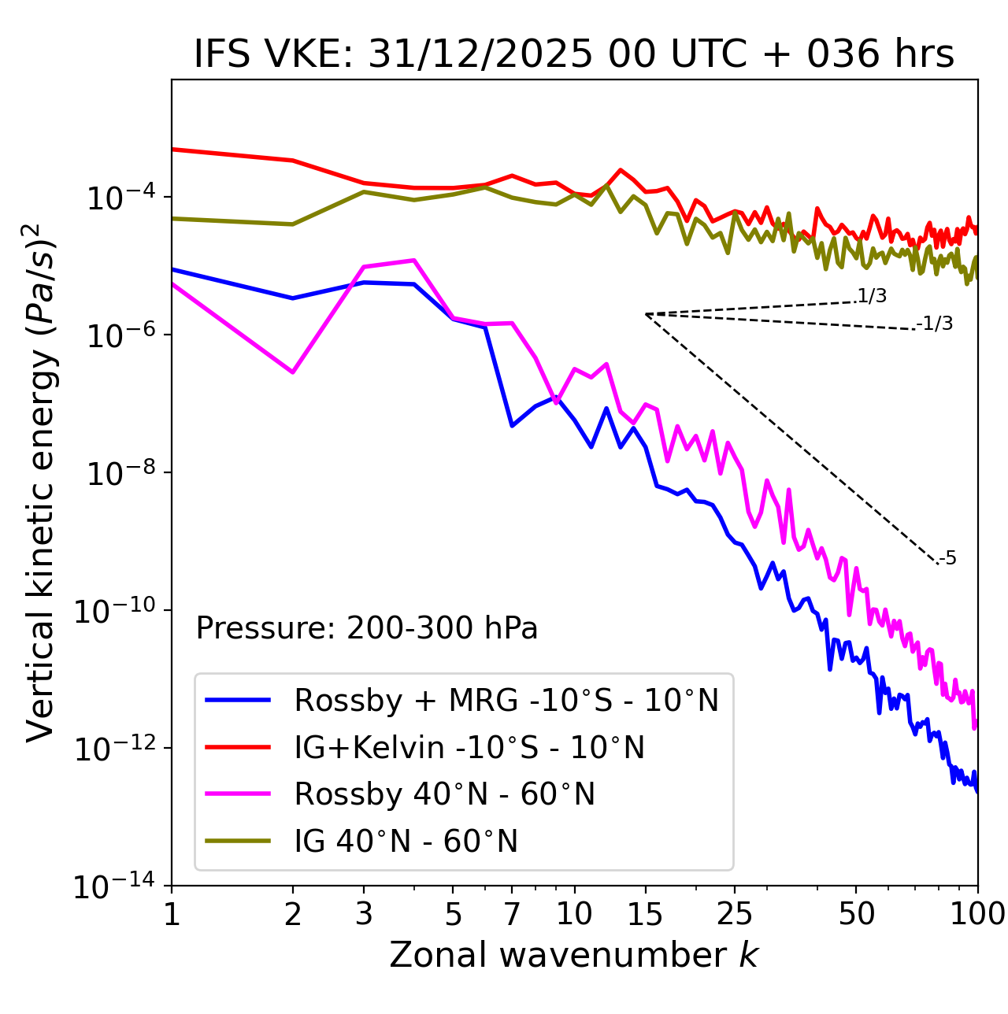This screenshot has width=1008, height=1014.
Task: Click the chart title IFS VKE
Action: [x=574, y=55]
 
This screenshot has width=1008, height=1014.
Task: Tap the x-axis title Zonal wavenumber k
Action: [x=574, y=955]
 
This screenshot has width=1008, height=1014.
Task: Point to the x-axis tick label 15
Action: [x=645, y=914]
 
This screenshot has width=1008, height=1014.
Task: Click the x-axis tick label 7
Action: [x=512, y=914]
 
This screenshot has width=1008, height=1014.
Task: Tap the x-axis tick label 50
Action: [x=856, y=914]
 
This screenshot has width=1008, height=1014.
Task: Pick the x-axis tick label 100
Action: [x=976, y=914]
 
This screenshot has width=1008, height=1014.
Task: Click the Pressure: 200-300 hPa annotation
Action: [x=367, y=628]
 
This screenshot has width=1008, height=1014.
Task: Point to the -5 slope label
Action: [x=947, y=559]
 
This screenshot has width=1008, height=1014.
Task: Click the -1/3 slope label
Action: [x=936, y=324]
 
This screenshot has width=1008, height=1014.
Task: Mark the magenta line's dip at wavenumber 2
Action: [x=293, y=372]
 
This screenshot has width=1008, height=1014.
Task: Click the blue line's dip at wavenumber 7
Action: [x=512, y=426]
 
